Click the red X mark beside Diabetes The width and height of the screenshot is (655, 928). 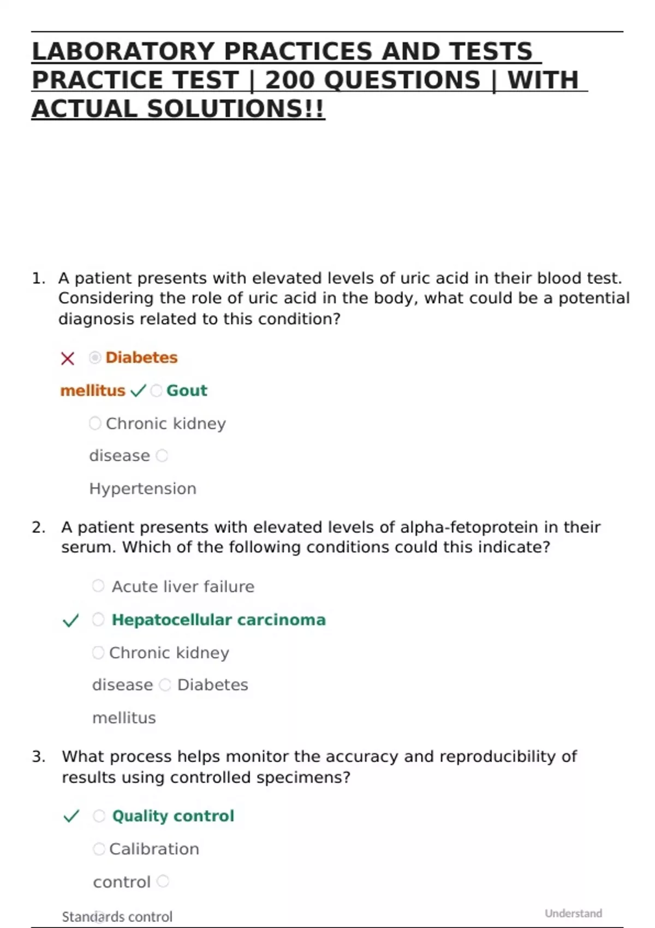[x=68, y=359]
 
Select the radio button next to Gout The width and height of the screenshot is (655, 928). [x=157, y=391]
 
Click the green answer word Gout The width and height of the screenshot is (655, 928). [x=187, y=391]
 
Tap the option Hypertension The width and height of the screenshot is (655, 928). [x=142, y=489]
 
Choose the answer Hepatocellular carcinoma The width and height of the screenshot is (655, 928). [x=218, y=620]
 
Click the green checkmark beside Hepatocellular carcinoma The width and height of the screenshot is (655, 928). [x=71, y=621]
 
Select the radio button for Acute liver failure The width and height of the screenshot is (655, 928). [x=98, y=586]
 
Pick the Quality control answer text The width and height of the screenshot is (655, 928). [x=173, y=816]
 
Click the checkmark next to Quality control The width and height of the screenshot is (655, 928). [x=72, y=817]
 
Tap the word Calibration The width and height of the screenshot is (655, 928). [x=154, y=849]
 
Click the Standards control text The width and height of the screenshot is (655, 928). [x=117, y=917]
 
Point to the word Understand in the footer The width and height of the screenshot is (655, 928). [x=573, y=913]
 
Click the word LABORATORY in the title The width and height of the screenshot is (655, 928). [x=123, y=52]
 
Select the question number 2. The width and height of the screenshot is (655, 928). [x=38, y=527]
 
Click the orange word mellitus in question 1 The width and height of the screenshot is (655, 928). [x=93, y=391]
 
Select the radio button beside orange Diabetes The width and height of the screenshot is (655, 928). [x=95, y=358]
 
